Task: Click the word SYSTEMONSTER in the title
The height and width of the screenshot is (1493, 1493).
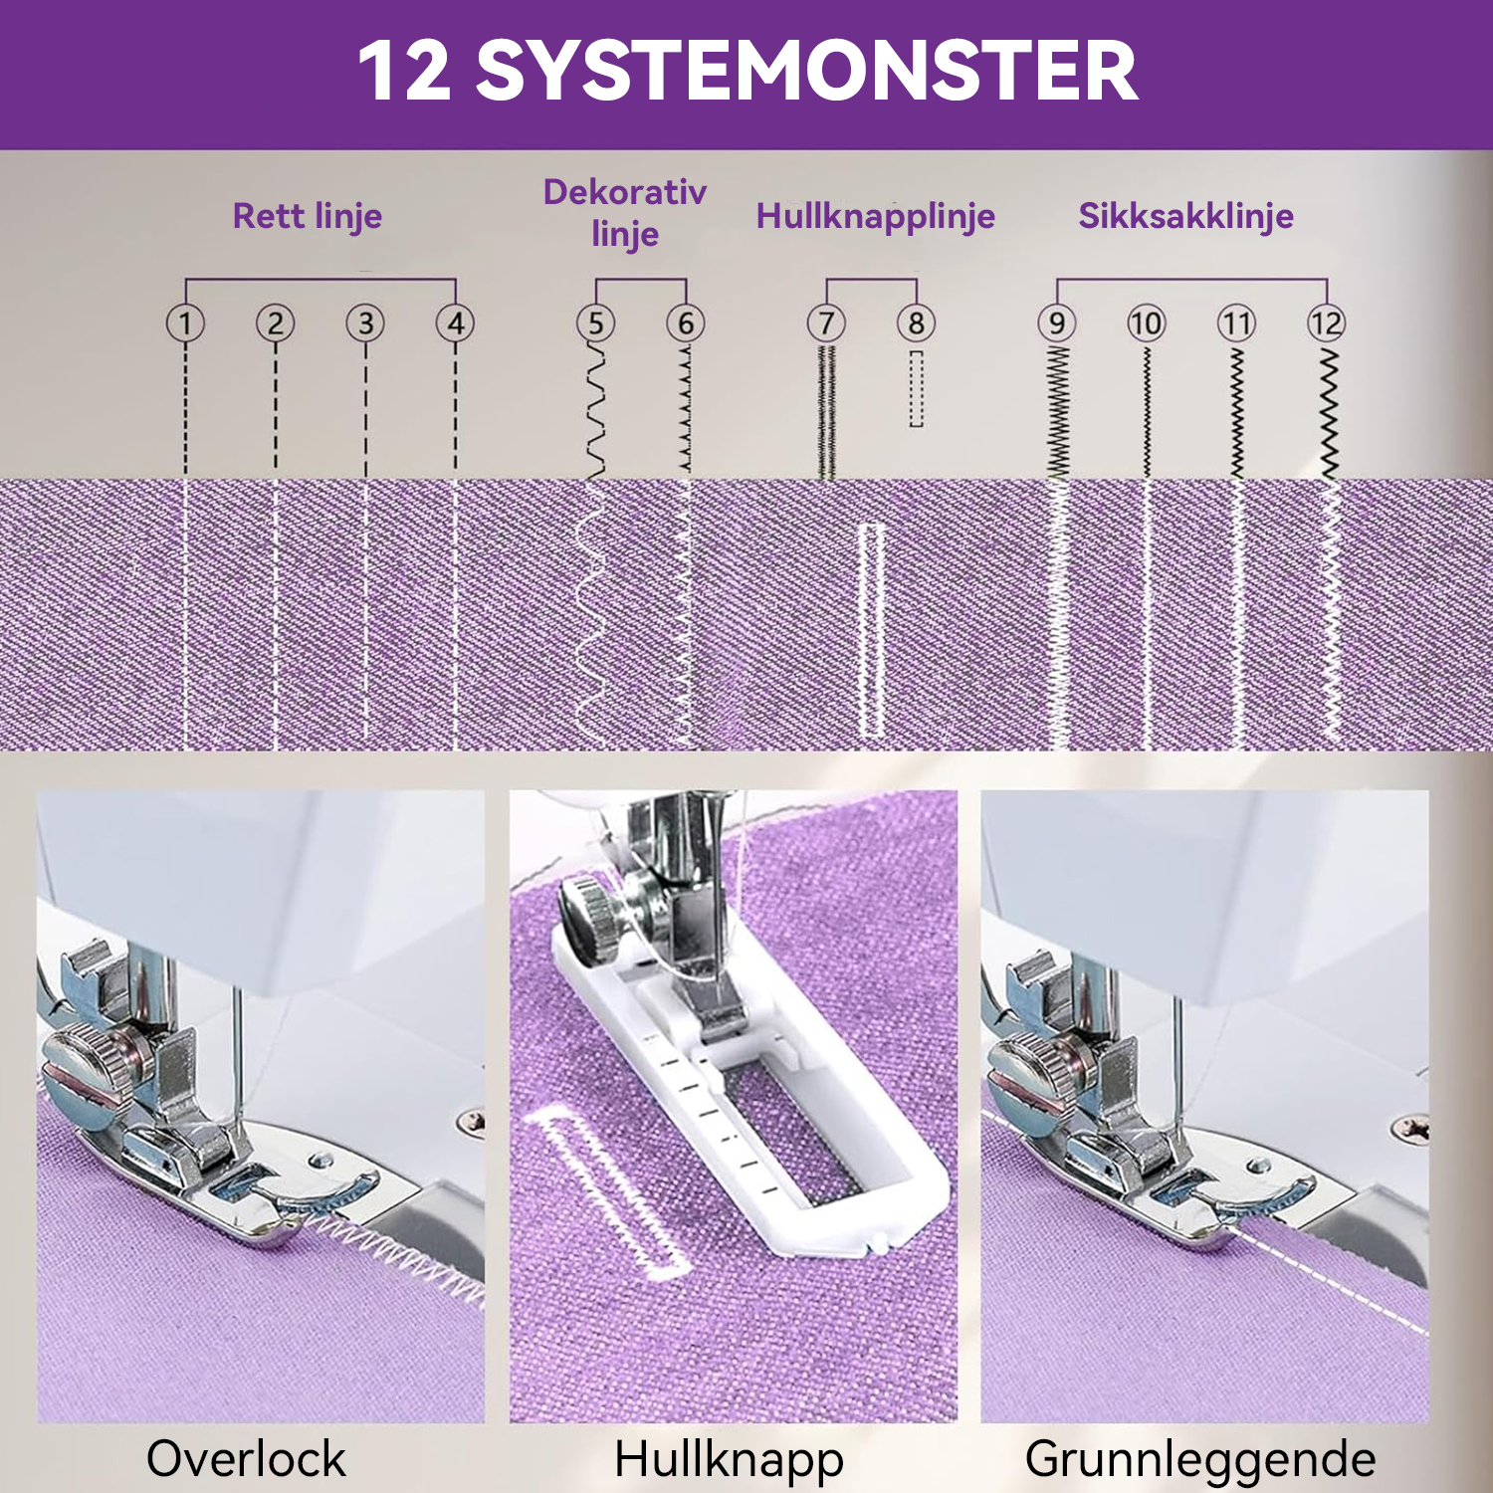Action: point(807,71)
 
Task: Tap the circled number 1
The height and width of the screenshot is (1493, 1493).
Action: point(185,323)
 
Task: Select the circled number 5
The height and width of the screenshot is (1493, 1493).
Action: point(595,323)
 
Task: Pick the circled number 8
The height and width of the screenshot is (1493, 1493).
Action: point(916,323)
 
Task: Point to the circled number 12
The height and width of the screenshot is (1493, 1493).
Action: point(1327,323)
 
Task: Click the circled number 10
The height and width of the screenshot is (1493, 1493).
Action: point(1146,323)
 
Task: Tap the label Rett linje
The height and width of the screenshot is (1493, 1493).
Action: point(308,216)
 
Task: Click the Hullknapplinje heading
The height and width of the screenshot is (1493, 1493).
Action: point(876,216)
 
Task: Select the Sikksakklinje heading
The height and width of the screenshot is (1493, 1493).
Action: point(1186,216)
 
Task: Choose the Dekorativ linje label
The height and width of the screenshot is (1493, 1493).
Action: point(625,212)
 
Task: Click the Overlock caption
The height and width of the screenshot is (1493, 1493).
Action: point(246,1459)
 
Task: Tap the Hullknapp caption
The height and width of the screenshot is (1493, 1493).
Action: point(730,1460)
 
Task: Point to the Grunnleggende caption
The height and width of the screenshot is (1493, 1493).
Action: point(1200,1460)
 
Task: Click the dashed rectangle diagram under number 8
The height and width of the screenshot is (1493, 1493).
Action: point(916,388)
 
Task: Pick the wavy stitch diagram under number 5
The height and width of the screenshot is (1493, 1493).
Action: point(595,410)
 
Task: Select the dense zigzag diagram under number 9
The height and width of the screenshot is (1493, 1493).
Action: point(1057,410)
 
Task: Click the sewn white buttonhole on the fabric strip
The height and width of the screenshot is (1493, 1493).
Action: point(871,630)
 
